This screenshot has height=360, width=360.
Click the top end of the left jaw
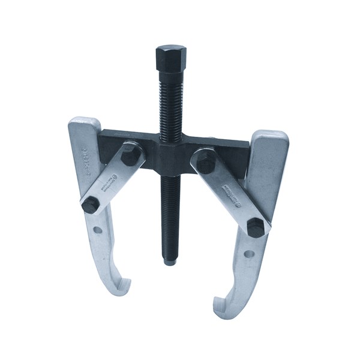pyautogui.click(x=83, y=125)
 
